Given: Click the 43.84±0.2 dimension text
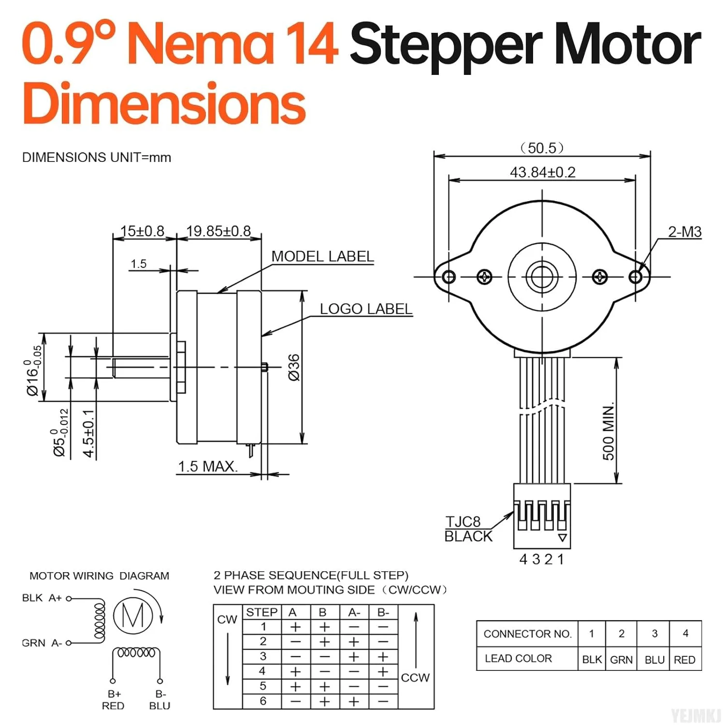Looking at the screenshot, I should click(542, 172).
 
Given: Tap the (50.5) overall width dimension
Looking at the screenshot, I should click(542, 148).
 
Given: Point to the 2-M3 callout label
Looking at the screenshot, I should click(684, 232).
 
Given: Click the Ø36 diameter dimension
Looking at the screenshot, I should click(294, 367).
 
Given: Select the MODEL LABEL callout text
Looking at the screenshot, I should click(322, 256).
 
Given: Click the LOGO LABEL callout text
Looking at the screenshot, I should click(366, 309).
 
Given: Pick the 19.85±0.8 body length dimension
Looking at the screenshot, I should click(218, 231).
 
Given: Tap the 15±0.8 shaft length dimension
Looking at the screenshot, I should click(143, 231).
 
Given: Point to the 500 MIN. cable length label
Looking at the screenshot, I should click(609, 431).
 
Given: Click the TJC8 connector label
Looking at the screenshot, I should click(463, 522).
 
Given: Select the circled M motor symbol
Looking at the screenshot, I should click(133, 616).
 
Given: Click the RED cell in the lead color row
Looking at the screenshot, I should click(684, 660).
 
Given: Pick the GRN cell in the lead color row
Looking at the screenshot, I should click(621, 660).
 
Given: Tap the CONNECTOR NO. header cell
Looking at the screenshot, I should click(527, 634).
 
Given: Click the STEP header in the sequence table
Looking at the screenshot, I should click(261, 612).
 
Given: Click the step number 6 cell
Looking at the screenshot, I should click(263, 701).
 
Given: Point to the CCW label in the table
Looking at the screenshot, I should click(415, 678).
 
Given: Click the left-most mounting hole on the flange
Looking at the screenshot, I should click(449, 277).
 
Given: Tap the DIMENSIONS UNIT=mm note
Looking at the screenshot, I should click(97, 158).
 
